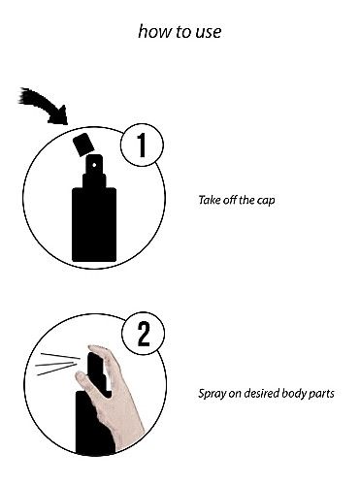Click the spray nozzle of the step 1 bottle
pyautogui.click(x=93, y=176)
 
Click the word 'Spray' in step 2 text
pyautogui.click(x=211, y=395)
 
